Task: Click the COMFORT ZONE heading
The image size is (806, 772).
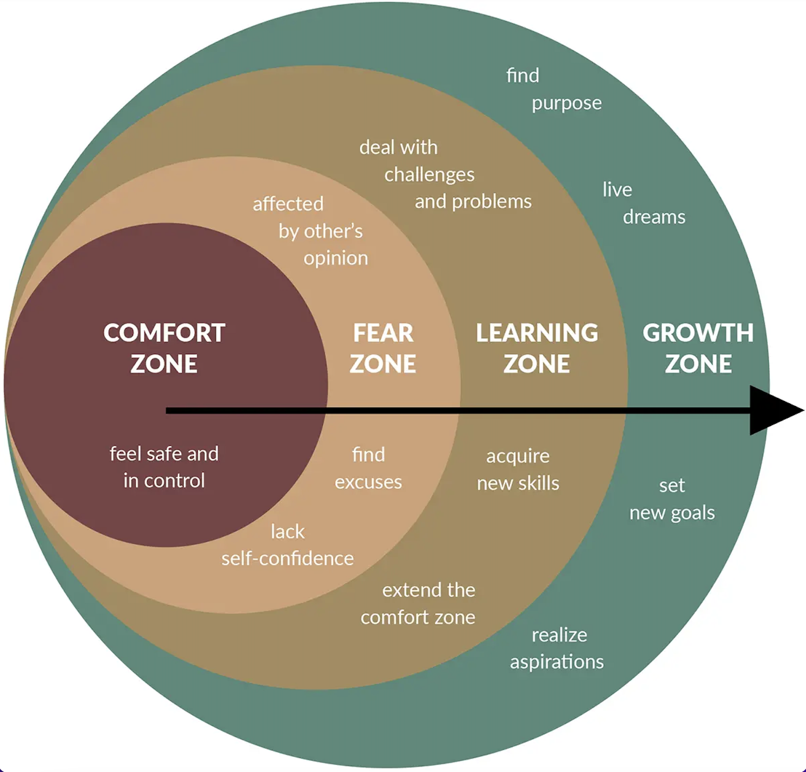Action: pos(164,348)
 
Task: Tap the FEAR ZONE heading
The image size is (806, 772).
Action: pos(383,348)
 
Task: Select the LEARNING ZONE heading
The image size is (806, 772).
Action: pos(537,348)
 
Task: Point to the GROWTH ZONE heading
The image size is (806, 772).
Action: pos(698,348)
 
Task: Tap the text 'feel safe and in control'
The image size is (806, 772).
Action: pos(164,467)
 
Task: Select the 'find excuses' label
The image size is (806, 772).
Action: pos(369,468)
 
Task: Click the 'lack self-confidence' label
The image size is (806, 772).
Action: pos(288,545)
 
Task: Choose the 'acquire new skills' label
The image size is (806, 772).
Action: pos(518,470)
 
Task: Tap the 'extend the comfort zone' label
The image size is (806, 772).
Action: pos(419,603)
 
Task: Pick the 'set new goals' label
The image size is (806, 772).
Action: pos(672,499)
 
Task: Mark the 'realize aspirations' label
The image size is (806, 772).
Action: pos(557,648)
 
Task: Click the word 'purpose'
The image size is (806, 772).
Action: pos(567,103)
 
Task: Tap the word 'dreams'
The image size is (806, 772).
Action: pos(654,217)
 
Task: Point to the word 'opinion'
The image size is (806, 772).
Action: pos(336,258)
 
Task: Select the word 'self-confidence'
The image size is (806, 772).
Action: pos(288,559)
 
